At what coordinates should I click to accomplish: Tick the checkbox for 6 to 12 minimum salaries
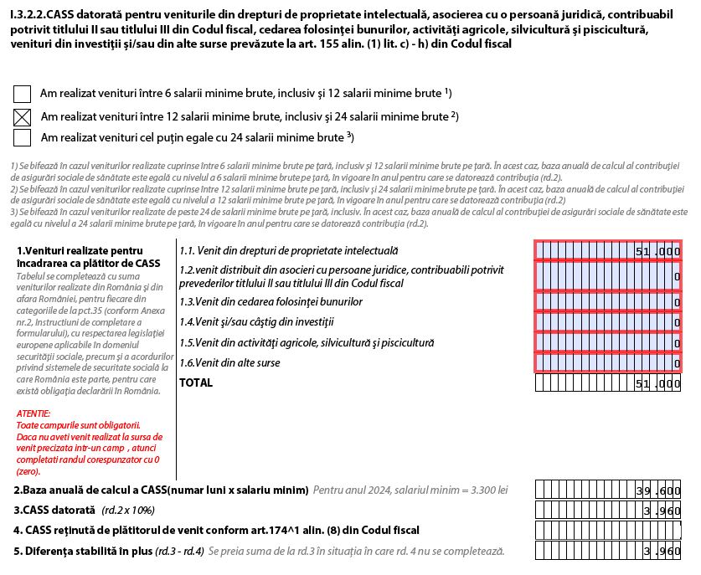click(23, 95)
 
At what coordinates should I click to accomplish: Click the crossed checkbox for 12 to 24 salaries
click(23, 117)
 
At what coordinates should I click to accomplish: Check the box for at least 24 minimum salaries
click(23, 137)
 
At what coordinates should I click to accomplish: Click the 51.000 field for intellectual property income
click(608, 251)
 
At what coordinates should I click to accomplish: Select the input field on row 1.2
click(608, 276)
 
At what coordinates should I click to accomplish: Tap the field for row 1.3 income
click(608, 302)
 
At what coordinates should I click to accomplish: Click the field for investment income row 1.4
click(608, 322)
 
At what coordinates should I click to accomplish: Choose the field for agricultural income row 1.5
click(608, 342)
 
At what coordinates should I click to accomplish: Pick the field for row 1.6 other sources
click(608, 363)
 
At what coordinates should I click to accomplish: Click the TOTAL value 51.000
click(608, 383)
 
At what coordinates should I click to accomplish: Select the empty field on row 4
click(608, 531)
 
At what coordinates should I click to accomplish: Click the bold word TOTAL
click(196, 383)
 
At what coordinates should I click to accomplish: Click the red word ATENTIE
click(34, 413)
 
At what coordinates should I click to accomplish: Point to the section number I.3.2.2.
click(34, 13)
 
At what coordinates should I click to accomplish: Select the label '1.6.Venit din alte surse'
click(229, 363)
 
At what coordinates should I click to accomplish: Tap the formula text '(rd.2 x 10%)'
click(128, 511)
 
